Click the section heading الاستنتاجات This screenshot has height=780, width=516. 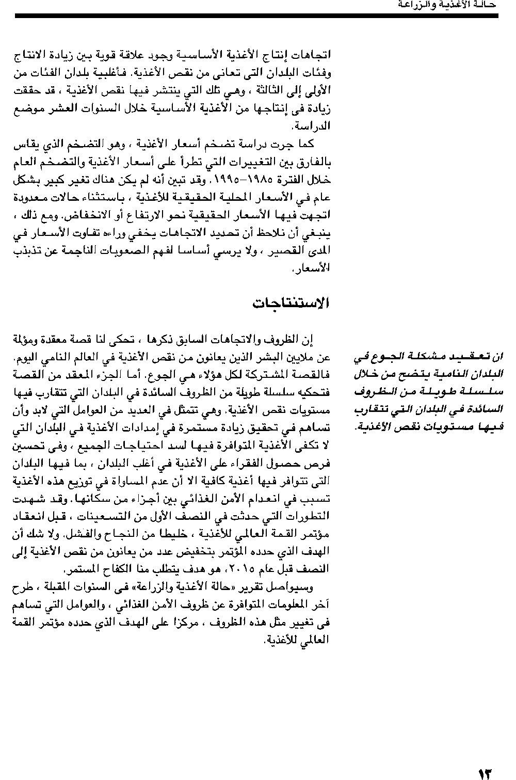[291, 303]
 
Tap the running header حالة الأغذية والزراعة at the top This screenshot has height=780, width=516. [447, 5]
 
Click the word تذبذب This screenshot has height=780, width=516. [24, 250]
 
